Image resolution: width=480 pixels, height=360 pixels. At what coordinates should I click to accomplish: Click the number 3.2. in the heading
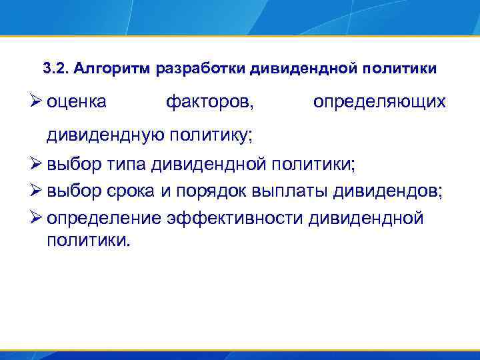56,69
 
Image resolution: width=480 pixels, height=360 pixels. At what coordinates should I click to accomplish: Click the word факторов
209,103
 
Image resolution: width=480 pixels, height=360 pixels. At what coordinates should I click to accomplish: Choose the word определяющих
379,103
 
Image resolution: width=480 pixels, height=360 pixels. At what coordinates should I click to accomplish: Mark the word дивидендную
107,136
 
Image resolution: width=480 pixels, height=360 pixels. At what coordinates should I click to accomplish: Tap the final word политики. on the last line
86,239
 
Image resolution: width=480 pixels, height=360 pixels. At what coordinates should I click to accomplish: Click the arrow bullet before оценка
37,102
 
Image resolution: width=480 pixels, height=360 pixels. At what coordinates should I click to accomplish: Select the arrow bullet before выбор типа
37,163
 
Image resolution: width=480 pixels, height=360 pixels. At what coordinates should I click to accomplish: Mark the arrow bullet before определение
37,219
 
